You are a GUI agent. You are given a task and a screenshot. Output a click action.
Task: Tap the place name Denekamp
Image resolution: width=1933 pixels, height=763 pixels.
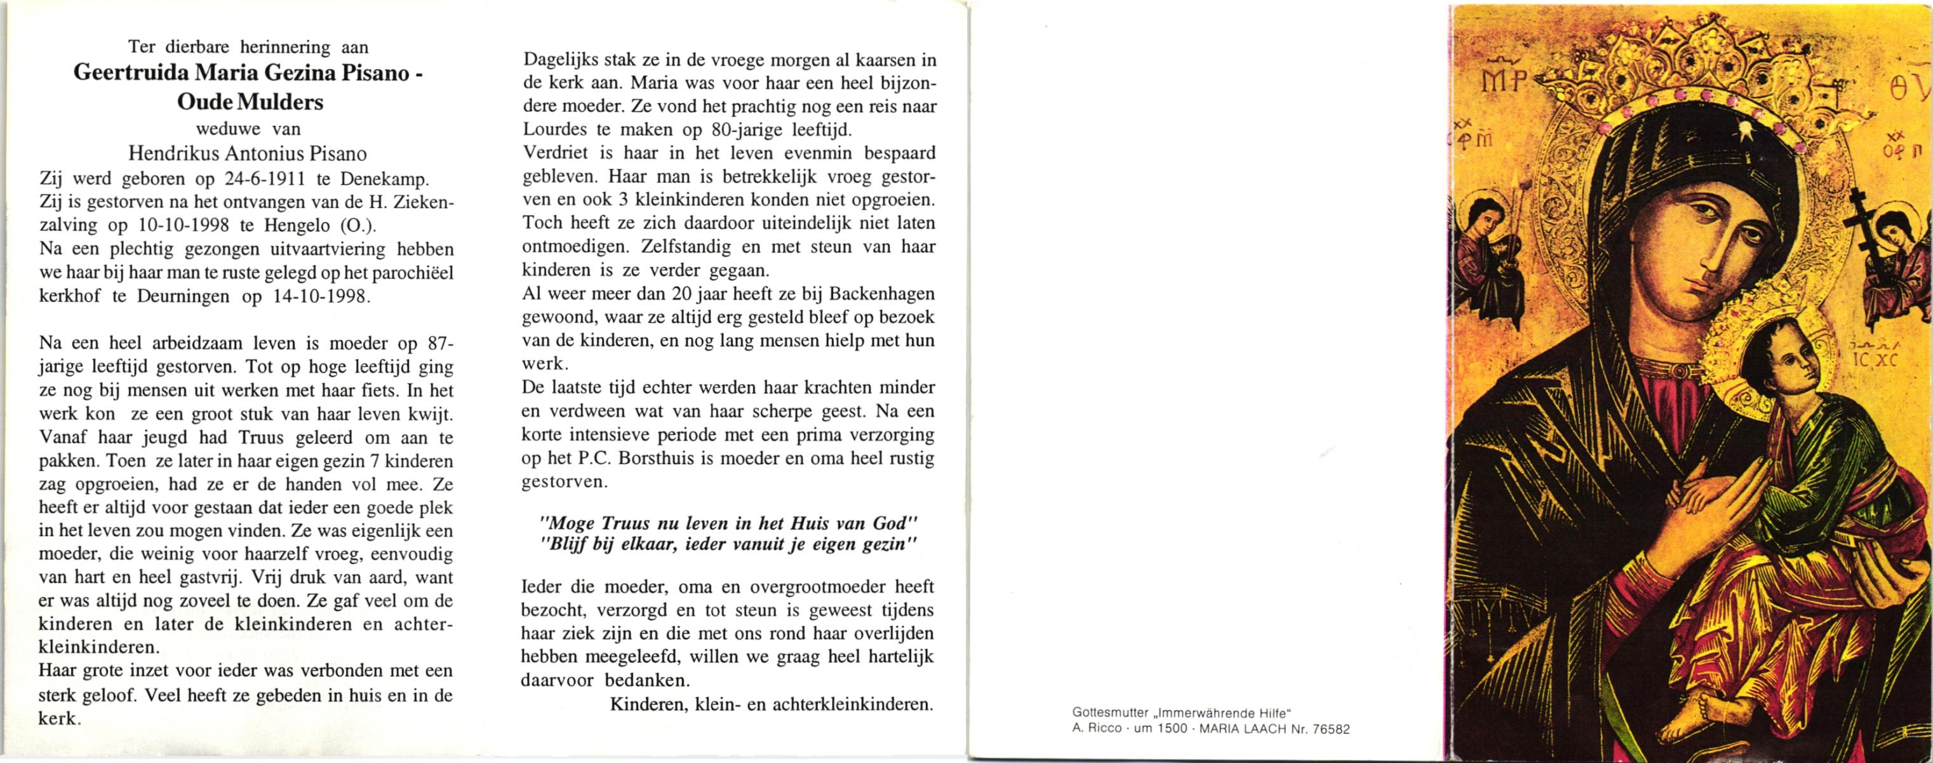tap(384, 180)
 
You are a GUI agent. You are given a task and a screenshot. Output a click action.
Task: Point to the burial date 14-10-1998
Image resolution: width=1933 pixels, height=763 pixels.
tap(321, 296)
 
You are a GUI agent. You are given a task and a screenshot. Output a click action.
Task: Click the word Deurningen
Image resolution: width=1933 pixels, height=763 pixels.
tap(183, 296)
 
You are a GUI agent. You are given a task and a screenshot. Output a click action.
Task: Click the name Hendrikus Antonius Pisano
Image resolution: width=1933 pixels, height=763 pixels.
tap(248, 154)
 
